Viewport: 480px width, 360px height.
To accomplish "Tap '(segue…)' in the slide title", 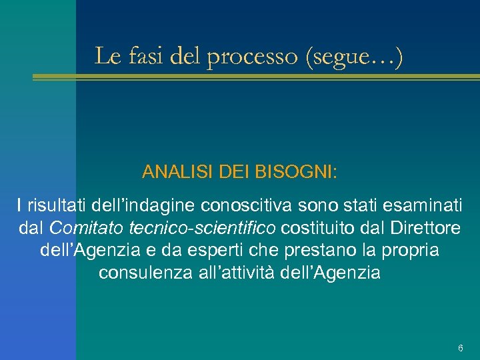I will tap(353, 57).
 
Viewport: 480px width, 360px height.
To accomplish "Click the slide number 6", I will tap(461, 349).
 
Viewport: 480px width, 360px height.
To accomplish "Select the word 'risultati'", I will tap(57, 206).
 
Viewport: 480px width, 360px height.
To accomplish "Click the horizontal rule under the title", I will tap(256, 77).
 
